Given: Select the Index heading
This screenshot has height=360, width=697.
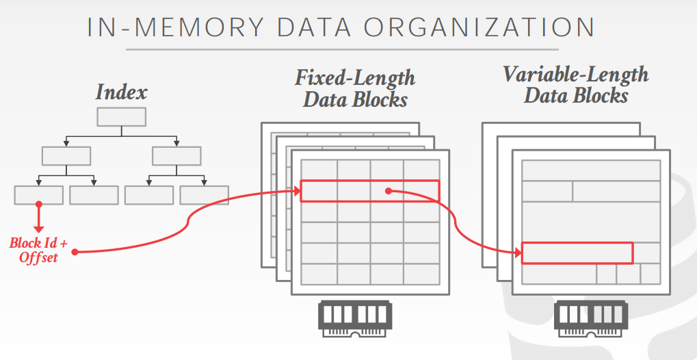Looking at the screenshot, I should coord(121,92).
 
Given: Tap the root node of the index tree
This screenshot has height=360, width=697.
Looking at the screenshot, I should coord(121,117).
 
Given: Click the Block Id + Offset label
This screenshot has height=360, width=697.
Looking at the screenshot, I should coord(38,250).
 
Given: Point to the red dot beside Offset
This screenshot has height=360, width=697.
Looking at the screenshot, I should coord(74,253).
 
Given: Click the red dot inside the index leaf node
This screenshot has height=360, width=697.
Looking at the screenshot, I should coord(38,204).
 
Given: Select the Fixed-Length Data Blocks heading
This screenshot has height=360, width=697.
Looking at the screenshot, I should coord(355,88).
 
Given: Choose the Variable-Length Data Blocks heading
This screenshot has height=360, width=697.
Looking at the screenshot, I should coord(575,84).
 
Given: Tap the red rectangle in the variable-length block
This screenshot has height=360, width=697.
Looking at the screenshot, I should coord(577,253).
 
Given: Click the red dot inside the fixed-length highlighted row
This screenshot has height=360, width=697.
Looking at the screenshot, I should coord(388,191).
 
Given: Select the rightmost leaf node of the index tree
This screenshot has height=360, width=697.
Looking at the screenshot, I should coord(204,195).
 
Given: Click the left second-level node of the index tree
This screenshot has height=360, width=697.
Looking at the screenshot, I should coord(66,155).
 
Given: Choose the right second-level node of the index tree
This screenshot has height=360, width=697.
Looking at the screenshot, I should coord(176,155).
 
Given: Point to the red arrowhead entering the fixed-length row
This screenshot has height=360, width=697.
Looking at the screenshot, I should coord(298,192).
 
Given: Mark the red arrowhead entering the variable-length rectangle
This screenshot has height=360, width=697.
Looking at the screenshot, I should coord(518,253).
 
